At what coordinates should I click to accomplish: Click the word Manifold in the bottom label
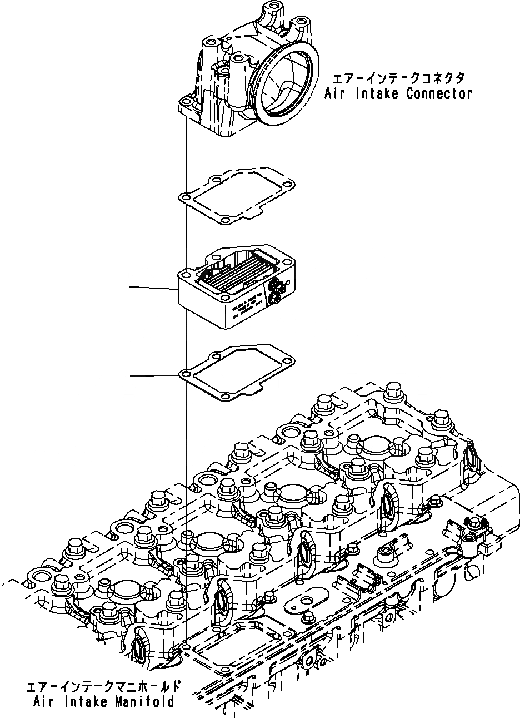145,701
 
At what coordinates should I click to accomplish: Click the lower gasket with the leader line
236,373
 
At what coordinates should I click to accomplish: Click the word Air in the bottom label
40,701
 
